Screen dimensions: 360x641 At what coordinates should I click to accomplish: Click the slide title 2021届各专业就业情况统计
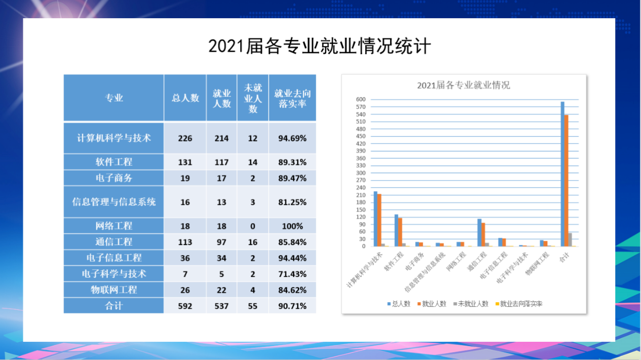coord(320,46)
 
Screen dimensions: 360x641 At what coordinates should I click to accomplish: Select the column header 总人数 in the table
coord(185,98)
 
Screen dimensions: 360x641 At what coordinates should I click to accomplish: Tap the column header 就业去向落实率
coord(292,98)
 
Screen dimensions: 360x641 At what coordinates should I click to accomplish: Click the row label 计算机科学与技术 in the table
coord(114,138)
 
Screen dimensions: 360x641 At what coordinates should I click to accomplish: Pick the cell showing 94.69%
coord(292,138)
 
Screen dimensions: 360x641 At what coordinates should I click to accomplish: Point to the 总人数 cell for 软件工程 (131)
coord(185,162)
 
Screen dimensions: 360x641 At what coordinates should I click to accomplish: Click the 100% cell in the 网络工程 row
coord(292,226)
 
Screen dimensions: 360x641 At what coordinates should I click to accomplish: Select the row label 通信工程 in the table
coord(114,242)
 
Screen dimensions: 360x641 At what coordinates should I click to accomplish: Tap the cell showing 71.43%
coord(292,274)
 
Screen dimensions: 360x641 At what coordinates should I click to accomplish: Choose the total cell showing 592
coord(185,306)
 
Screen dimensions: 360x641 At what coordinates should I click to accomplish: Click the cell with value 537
coord(221,306)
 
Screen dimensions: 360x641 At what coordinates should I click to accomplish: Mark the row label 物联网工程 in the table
coord(114,290)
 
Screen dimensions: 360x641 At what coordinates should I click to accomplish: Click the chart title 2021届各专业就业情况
coord(463,85)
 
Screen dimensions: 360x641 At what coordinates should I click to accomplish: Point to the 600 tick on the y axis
coord(361,99)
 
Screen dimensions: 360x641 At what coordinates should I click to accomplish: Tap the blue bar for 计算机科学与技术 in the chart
coord(375,219)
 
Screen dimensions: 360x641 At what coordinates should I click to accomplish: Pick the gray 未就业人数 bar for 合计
coord(570,240)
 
